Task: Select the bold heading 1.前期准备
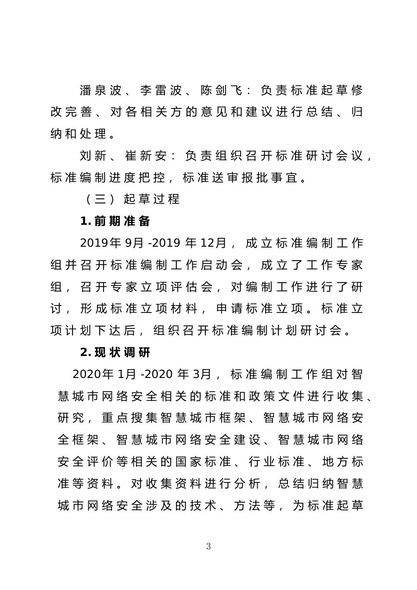pos(115,221)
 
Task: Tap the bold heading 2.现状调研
pos(115,353)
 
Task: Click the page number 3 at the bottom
pos(208,547)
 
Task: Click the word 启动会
pos(222,265)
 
